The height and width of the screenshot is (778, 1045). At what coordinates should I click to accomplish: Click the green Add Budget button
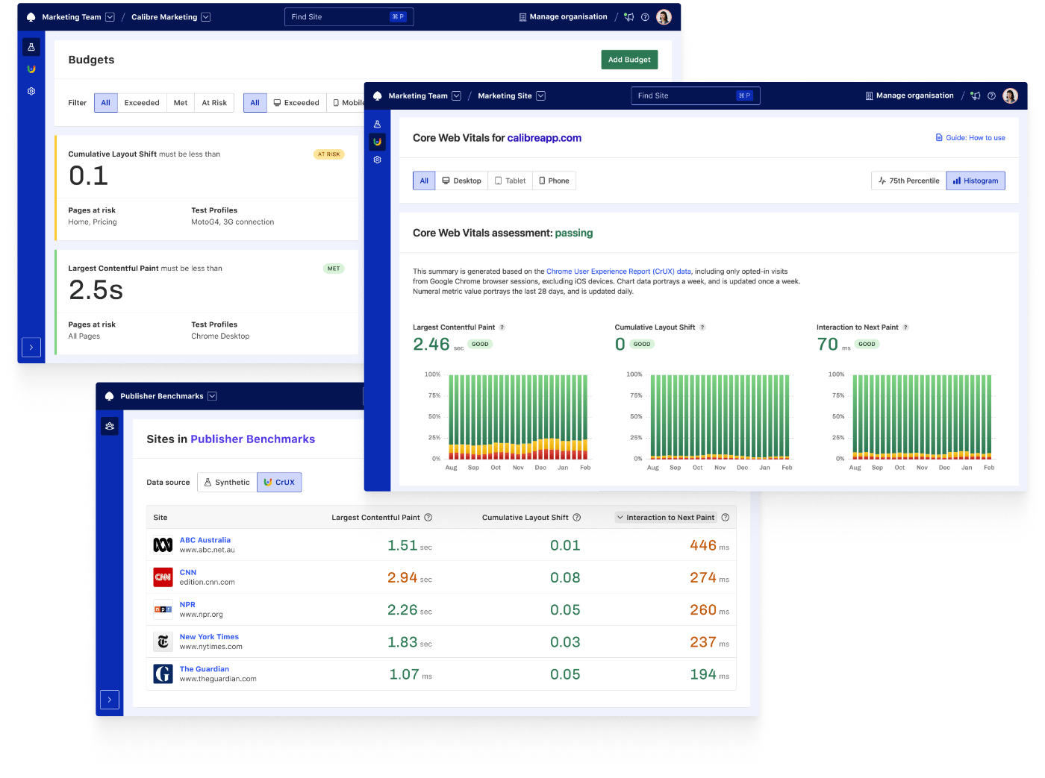(629, 60)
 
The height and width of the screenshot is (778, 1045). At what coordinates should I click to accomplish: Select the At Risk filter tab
(214, 103)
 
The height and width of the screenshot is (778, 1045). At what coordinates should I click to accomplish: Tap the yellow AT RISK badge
(328, 154)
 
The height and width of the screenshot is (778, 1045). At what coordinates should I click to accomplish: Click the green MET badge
(334, 269)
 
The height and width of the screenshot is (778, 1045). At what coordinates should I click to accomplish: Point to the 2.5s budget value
(96, 290)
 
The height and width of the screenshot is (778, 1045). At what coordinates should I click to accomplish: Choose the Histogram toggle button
(976, 181)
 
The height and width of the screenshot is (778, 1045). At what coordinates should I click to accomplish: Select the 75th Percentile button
(908, 181)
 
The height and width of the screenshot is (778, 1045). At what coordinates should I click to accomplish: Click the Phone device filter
(554, 181)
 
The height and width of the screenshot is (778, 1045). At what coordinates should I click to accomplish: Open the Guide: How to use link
(970, 138)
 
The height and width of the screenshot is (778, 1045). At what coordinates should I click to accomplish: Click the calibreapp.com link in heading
(544, 138)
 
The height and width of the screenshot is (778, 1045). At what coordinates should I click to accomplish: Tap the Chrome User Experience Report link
(619, 272)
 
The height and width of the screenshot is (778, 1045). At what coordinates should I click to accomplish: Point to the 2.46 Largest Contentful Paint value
(431, 345)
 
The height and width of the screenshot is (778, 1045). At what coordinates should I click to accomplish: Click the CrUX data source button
(279, 483)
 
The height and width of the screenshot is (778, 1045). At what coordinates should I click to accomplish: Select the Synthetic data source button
(227, 483)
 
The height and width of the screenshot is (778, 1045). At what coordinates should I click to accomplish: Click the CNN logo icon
(163, 577)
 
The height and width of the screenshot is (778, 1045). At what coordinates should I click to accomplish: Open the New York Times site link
(209, 637)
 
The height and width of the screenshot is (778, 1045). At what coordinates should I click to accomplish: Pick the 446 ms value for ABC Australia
(703, 546)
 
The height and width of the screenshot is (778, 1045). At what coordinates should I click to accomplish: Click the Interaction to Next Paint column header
(670, 518)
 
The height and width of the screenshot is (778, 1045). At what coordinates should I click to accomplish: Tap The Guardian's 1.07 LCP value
(404, 675)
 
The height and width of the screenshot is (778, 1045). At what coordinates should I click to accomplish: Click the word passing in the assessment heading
(574, 233)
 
